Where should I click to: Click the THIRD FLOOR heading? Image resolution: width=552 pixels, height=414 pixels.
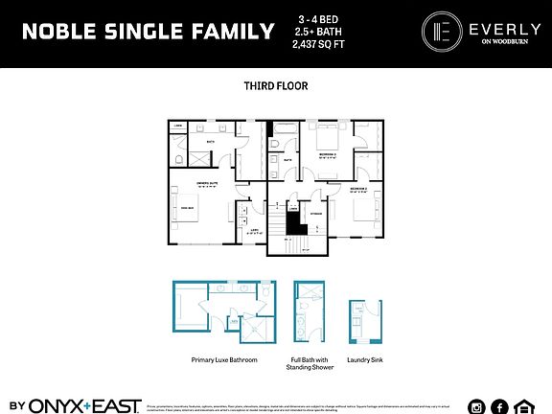click(x=276, y=85)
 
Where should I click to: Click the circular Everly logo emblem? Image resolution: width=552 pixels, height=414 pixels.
click(x=437, y=30)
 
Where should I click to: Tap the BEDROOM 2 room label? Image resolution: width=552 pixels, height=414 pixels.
click(x=360, y=190)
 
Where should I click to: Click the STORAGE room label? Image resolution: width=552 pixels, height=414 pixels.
click(x=315, y=202)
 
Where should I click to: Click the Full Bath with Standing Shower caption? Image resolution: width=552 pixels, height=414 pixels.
click(x=310, y=366)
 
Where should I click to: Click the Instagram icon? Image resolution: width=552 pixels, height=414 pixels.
click(x=477, y=403)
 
